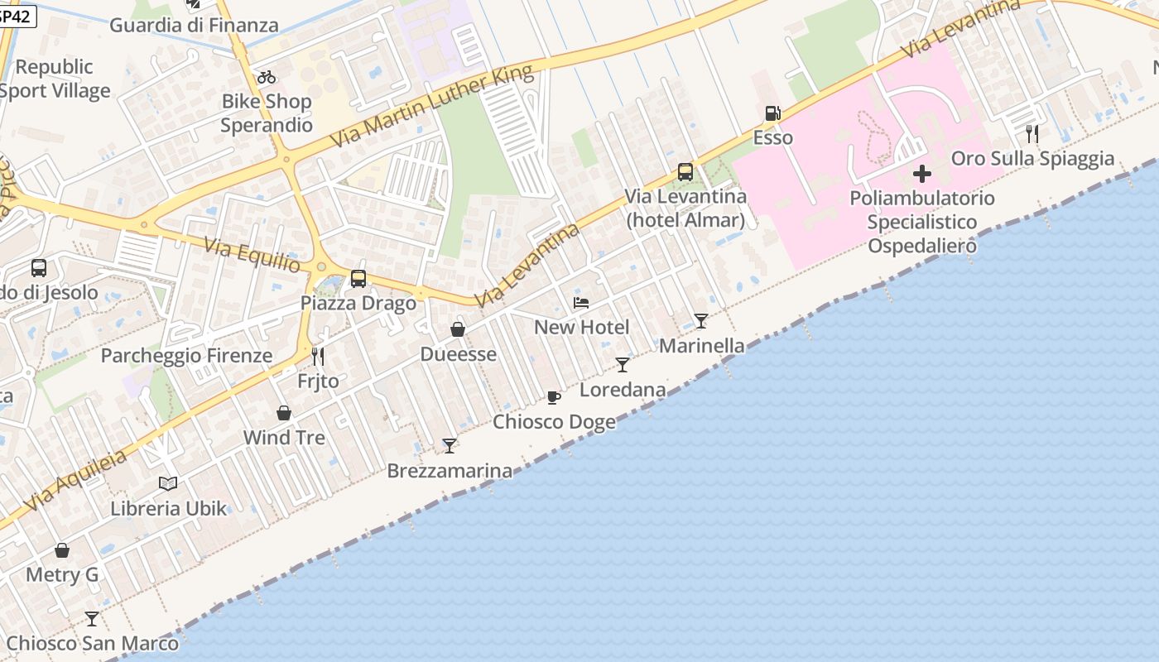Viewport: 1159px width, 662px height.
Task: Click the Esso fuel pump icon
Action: click(x=772, y=113)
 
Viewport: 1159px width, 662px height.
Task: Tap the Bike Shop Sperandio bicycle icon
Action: click(x=267, y=78)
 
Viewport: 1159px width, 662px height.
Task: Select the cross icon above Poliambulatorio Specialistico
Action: click(x=921, y=174)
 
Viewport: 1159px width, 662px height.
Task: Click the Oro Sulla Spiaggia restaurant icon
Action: click(x=1032, y=133)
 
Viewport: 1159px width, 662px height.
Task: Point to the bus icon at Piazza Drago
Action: click(x=358, y=279)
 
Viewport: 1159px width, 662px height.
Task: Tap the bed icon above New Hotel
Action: click(x=581, y=303)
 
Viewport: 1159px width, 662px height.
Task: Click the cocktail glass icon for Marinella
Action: click(x=701, y=321)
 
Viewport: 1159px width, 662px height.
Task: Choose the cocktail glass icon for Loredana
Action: click(x=623, y=365)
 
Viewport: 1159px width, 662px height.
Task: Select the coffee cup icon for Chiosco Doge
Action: click(x=554, y=398)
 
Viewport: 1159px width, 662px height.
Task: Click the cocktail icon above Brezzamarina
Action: click(x=450, y=446)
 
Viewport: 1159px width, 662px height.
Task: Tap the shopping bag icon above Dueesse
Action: click(x=458, y=330)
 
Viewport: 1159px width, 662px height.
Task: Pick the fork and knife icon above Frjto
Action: click(x=318, y=357)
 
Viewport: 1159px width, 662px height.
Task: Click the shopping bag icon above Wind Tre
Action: click(x=284, y=413)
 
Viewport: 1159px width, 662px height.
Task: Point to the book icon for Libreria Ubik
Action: click(x=168, y=484)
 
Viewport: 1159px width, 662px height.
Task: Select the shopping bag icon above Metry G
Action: click(x=62, y=550)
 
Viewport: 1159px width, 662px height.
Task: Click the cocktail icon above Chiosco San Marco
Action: click(x=92, y=619)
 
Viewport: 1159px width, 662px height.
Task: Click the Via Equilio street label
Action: click(x=252, y=254)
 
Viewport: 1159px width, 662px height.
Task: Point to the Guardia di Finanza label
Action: click(x=195, y=25)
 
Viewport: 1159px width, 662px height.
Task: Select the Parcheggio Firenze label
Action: click(x=186, y=356)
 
